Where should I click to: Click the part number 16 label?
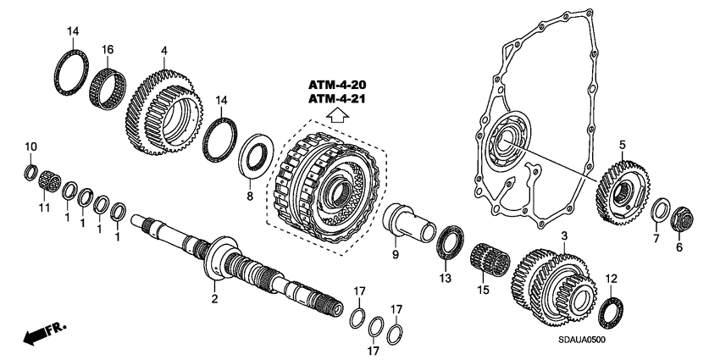click(x=108, y=50)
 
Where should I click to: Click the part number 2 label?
click(x=215, y=298)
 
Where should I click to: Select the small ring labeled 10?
click(x=29, y=174)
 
